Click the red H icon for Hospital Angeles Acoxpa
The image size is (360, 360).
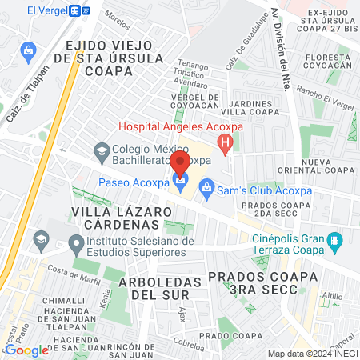coord(225,145)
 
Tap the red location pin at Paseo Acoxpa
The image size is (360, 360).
coord(180,164)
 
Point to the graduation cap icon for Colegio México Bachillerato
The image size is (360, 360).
coord(101,150)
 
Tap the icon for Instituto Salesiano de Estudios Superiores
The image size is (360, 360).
coord(76,242)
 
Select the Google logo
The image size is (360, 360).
coord(26,350)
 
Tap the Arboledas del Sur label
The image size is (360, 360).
coord(157,289)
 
